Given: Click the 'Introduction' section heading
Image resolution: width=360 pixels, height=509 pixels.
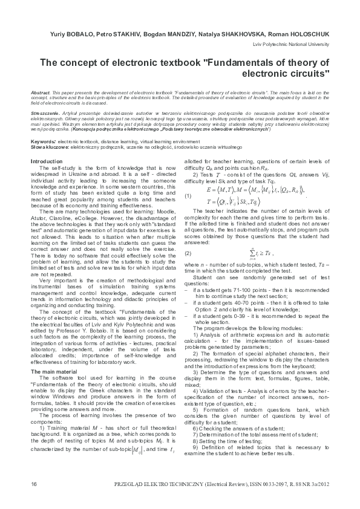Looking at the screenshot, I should pos(46,162).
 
